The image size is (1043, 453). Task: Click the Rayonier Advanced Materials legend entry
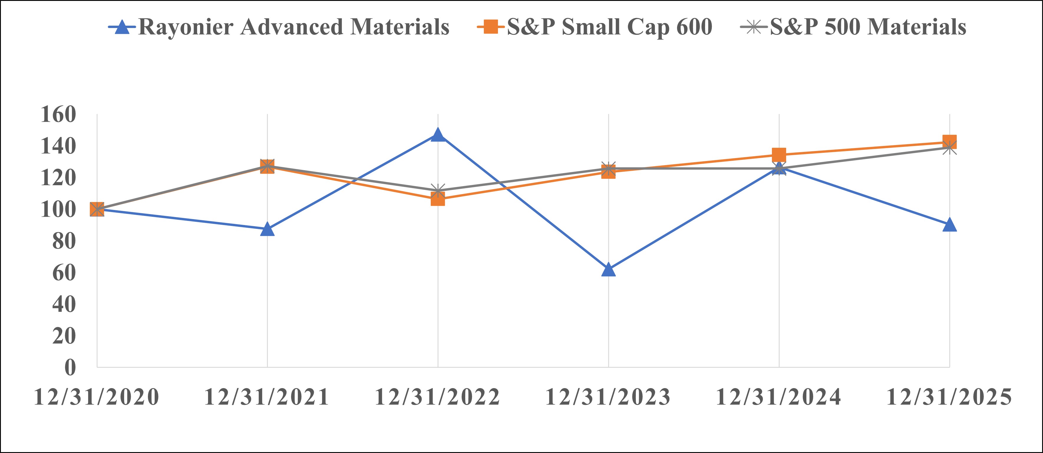[293, 27]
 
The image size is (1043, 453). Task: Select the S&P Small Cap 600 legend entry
[609, 27]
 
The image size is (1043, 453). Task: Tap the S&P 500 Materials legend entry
[868, 27]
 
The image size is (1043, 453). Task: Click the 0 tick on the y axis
[70, 367]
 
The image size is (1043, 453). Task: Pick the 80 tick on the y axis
[64, 241]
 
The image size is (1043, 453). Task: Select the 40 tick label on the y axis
[64, 304]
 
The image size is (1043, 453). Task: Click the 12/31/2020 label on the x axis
[97, 397]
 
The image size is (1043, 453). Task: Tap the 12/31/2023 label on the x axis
[608, 397]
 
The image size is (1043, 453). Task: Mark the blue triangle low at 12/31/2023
[608, 270]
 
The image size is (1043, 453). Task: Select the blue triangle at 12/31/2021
[267, 230]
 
